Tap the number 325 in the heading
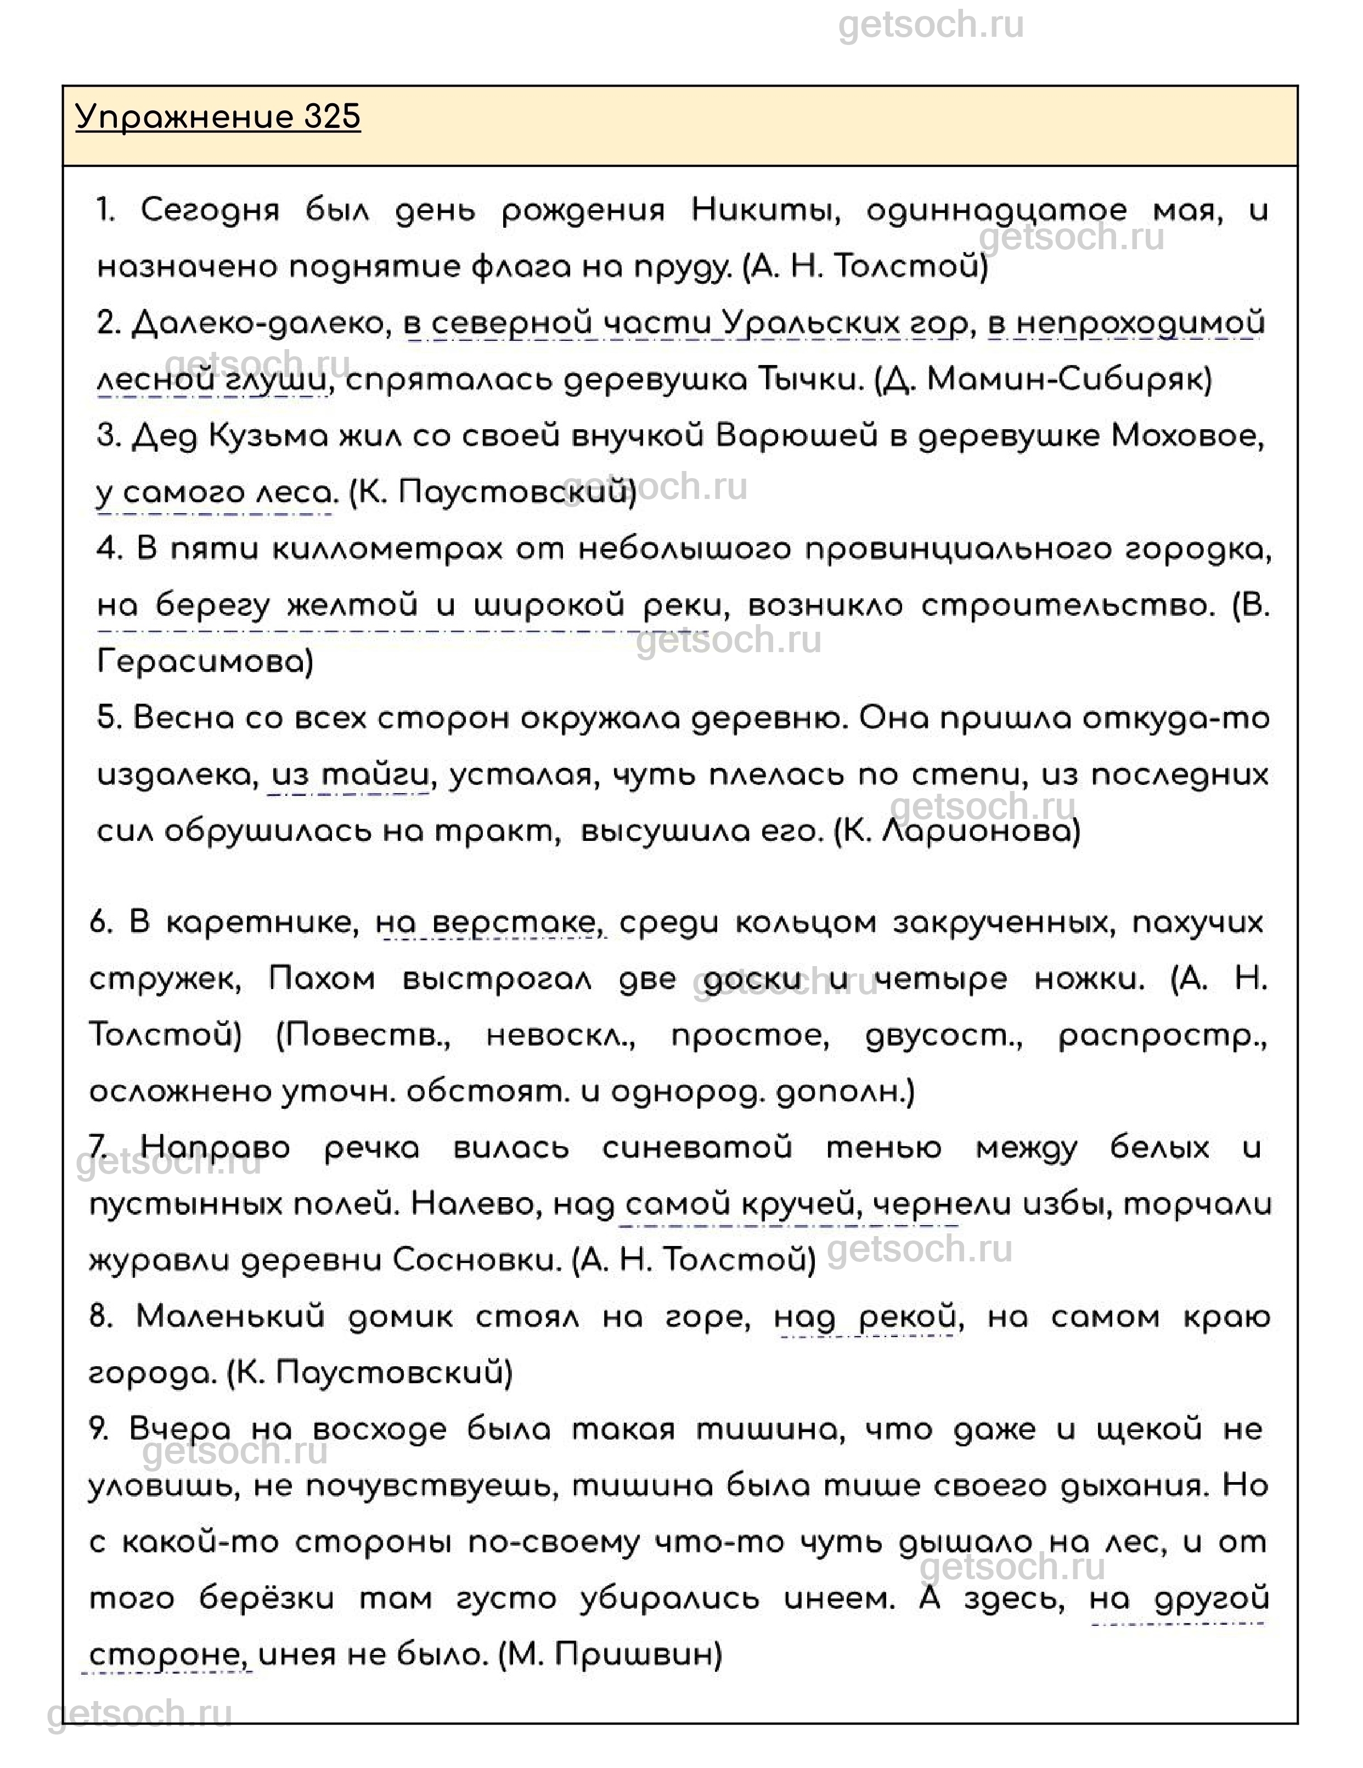click(332, 117)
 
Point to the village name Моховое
click(1186, 436)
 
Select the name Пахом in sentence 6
click(322, 980)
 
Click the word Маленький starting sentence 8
click(230, 1317)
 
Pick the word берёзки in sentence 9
click(267, 1599)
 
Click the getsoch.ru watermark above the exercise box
click(931, 26)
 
